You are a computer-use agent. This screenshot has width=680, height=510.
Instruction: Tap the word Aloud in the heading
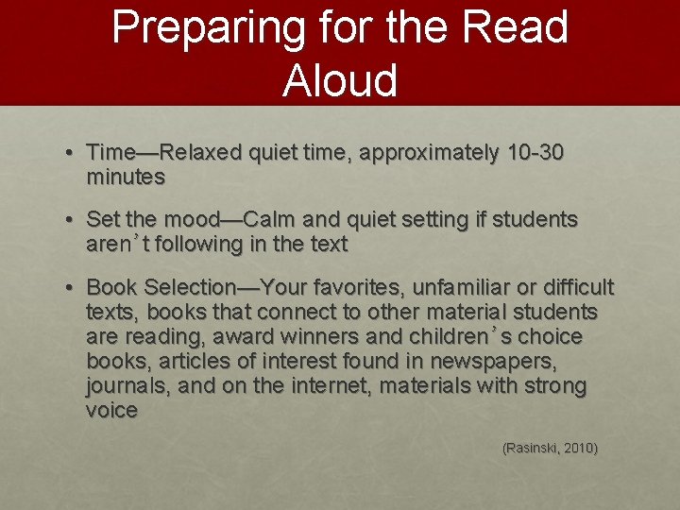point(339,80)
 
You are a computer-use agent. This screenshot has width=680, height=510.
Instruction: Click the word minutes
point(126,177)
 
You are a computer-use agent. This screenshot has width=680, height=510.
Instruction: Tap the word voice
point(111,410)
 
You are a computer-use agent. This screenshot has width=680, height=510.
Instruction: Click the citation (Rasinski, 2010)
point(550,448)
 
